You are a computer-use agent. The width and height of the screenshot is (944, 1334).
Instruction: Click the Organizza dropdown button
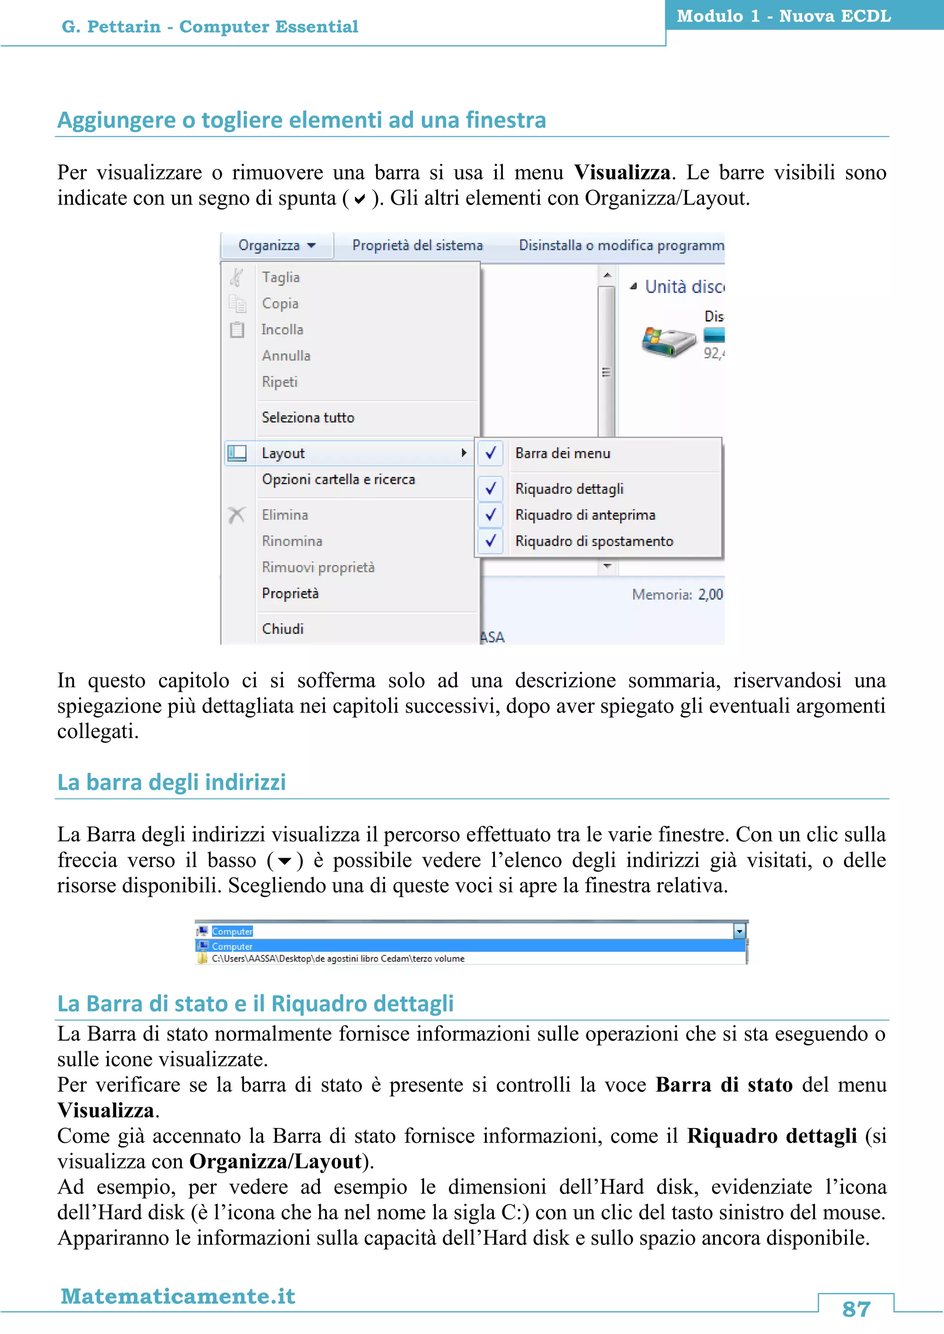277,246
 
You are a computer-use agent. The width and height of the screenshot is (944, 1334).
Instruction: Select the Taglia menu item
281,277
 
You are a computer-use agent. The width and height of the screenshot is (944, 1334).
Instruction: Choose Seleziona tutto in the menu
307,417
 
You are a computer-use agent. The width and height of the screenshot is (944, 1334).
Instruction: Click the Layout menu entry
283,453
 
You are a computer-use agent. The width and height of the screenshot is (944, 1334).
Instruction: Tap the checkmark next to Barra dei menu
490,453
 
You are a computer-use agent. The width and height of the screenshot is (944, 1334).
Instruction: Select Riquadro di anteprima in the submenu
585,515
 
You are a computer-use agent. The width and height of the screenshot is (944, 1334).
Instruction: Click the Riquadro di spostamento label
594,541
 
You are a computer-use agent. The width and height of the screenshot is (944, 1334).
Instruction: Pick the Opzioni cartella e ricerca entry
338,480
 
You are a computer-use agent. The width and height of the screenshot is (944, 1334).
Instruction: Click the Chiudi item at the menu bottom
283,629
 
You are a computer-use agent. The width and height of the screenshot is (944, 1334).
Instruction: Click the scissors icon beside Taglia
236,277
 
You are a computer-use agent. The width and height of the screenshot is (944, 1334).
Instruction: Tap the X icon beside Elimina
236,515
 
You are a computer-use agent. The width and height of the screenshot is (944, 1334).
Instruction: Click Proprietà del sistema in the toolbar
417,246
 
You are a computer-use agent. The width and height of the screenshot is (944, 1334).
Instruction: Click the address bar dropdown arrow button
739,931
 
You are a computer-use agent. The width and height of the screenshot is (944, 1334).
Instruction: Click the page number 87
855,1309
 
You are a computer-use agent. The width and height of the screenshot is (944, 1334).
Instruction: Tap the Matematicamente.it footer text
178,1296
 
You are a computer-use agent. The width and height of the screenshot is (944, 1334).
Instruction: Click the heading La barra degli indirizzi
171,782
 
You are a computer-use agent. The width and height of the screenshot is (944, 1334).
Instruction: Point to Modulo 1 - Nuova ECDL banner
783,16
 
